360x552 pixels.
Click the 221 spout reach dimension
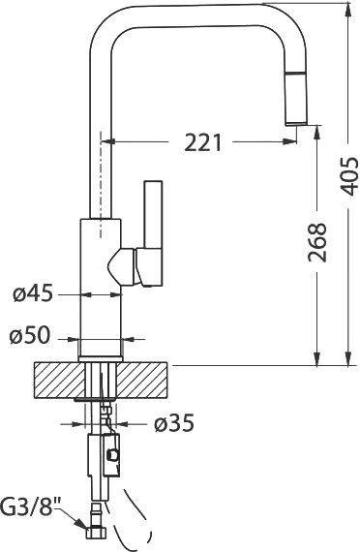tap(203, 142)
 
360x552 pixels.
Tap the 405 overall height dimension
tap(350, 176)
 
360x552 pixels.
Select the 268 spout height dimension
tap(317, 242)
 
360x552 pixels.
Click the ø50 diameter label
tap(30, 335)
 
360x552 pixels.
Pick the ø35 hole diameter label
tap(174, 423)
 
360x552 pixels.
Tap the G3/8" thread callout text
tap(30, 506)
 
